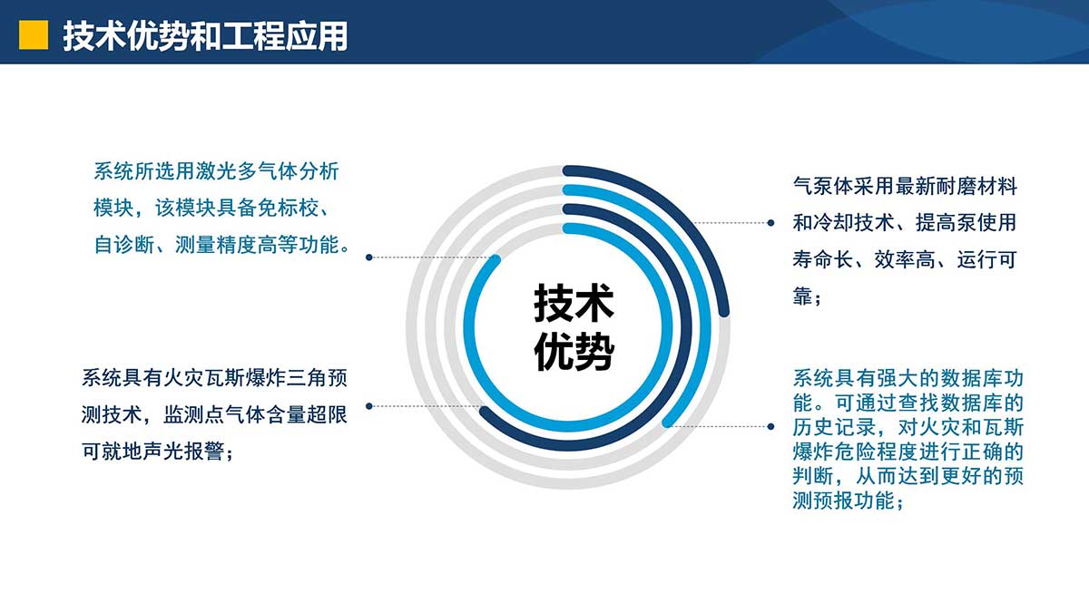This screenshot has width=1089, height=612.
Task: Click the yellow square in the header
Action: point(34,35)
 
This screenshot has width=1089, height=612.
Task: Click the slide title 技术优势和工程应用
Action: point(206,36)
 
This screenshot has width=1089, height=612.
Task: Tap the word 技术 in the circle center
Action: point(574,304)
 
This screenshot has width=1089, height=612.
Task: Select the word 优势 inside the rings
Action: point(574,352)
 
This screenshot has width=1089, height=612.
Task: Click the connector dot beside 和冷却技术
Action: point(770,223)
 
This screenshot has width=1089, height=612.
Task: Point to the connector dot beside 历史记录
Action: point(770,426)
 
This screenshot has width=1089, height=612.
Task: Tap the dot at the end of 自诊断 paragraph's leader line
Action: point(369,257)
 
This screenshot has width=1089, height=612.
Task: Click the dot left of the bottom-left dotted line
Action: point(369,406)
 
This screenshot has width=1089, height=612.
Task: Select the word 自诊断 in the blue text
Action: point(124,245)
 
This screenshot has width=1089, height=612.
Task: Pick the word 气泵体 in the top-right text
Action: point(823,186)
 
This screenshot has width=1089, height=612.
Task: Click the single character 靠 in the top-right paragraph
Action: point(802,296)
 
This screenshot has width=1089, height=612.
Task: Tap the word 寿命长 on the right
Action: point(823,259)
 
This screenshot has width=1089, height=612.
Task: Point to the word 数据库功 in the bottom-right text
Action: point(982,378)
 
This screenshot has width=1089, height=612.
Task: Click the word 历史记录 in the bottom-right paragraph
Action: point(834,427)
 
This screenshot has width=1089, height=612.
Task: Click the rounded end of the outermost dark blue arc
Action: point(724,311)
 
